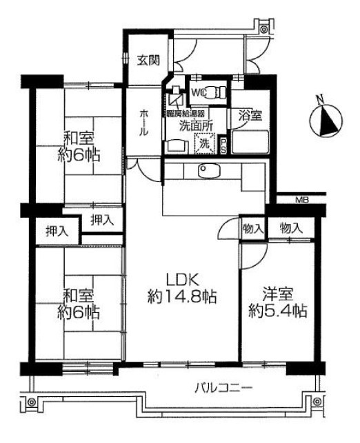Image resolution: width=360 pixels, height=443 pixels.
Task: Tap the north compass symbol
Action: pyautogui.click(x=326, y=121)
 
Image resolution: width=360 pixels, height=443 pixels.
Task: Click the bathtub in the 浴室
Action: pyautogui.click(x=250, y=142)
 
